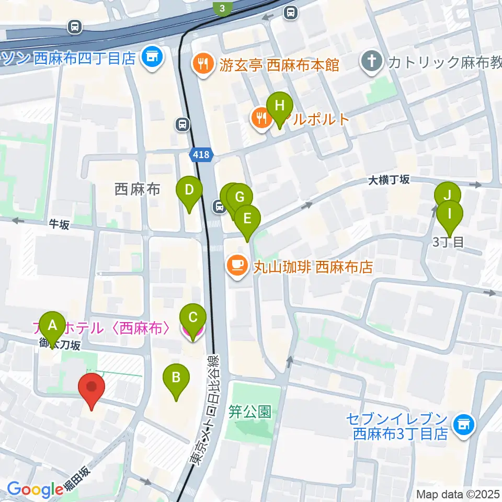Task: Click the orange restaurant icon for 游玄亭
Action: pos(202,65)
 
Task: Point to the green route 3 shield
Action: pos(222,8)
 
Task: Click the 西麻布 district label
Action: pos(137,189)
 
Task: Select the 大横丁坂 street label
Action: pos(389,180)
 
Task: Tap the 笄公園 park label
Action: pos(250,412)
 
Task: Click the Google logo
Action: pos(35,489)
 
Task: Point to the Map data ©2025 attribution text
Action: pos(458,494)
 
